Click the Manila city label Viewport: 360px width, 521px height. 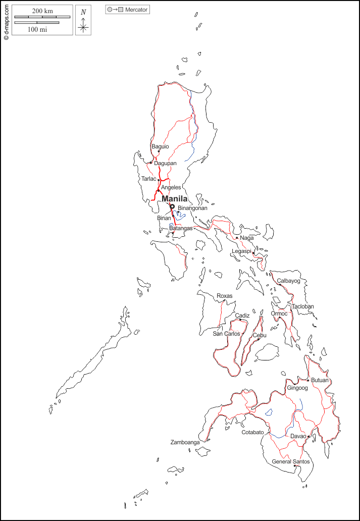pyautogui.click(x=174, y=199)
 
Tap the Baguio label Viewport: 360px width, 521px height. pyautogui.click(x=160, y=146)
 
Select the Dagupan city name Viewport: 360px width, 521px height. pyautogui.click(x=165, y=163)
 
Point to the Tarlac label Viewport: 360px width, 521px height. pyautogui.click(x=148, y=179)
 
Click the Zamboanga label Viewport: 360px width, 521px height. pyautogui.click(x=185, y=442)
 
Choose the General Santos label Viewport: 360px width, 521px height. pyautogui.click(x=290, y=461)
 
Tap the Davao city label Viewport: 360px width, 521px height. pyautogui.click(x=298, y=436)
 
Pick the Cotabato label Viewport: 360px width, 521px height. pyautogui.click(x=252, y=433)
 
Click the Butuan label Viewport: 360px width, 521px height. pyautogui.click(x=320, y=380)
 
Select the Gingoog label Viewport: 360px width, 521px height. pyautogui.click(x=297, y=388)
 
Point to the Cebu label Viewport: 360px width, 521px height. pyautogui.click(x=260, y=335)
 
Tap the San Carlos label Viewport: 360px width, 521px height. pyautogui.click(x=226, y=334)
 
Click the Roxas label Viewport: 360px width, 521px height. pyautogui.click(x=225, y=296)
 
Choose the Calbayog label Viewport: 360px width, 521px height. pyautogui.click(x=288, y=281)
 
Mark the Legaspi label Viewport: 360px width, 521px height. pyautogui.click(x=241, y=251)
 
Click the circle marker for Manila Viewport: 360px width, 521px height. pyautogui.click(x=172, y=206)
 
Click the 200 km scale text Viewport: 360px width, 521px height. pyautogui.click(x=42, y=11)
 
